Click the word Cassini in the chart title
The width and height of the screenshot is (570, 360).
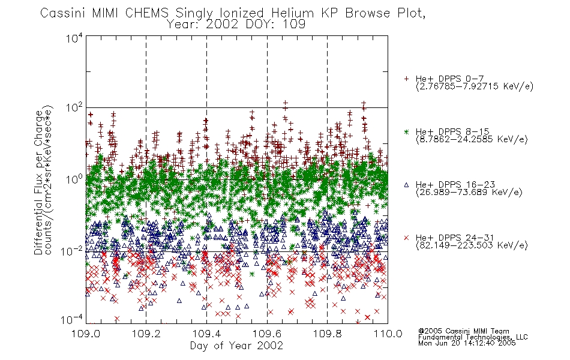(63, 13)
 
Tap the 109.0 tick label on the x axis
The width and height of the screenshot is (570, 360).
(86, 334)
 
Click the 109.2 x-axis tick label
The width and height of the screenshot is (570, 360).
(146, 334)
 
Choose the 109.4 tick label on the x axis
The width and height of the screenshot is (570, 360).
(206, 334)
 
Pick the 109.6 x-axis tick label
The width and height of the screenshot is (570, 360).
(267, 334)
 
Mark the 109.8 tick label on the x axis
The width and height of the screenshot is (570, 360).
(327, 334)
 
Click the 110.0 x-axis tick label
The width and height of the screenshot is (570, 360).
(388, 334)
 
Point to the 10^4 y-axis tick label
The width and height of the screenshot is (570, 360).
(74, 38)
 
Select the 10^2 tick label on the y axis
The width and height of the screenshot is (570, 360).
(74, 108)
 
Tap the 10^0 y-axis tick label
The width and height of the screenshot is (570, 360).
(74, 179)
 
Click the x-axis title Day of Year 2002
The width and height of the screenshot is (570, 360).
(236, 346)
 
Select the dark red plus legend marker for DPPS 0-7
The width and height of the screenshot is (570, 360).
(406, 79)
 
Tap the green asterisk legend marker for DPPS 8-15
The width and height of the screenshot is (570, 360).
(406, 131)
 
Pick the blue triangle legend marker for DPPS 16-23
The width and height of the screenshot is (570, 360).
(406, 185)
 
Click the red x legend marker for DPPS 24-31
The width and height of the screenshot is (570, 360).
(406, 238)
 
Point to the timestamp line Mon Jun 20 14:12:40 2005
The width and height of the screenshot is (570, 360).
(467, 343)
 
